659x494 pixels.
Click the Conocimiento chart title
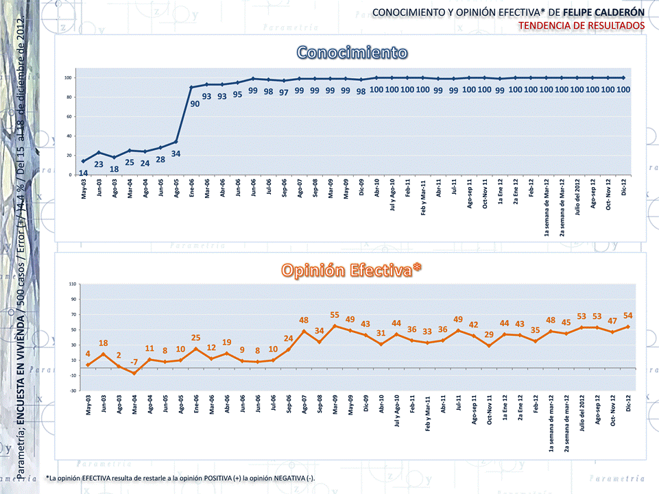pyautogui.click(x=352, y=53)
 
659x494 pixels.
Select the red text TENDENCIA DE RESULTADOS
pyautogui.click(x=582, y=25)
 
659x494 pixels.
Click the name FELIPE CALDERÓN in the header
pyautogui.click(x=608, y=12)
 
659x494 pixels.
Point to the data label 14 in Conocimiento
pyautogui.click(x=83, y=173)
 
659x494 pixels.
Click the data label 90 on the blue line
pyautogui.click(x=195, y=103)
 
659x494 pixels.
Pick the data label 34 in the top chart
pyautogui.click(x=176, y=153)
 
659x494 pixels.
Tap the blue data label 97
pyautogui.click(x=283, y=92)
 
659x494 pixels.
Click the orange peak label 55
pyautogui.click(x=335, y=315)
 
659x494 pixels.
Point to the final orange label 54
pyautogui.click(x=627, y=315)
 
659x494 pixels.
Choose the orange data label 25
pyautogui.click(x=195, y=338)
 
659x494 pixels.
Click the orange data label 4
pyautogui.click(x=88, y=354)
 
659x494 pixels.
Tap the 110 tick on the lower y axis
pyautogui.click(x=72, y=284)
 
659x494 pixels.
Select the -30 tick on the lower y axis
pyautogui.click(x=72, y=391)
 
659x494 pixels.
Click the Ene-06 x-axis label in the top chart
pyautogui.click(x=191, y=188)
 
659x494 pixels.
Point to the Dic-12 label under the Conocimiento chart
pyautogui.click(x=624, y=188)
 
